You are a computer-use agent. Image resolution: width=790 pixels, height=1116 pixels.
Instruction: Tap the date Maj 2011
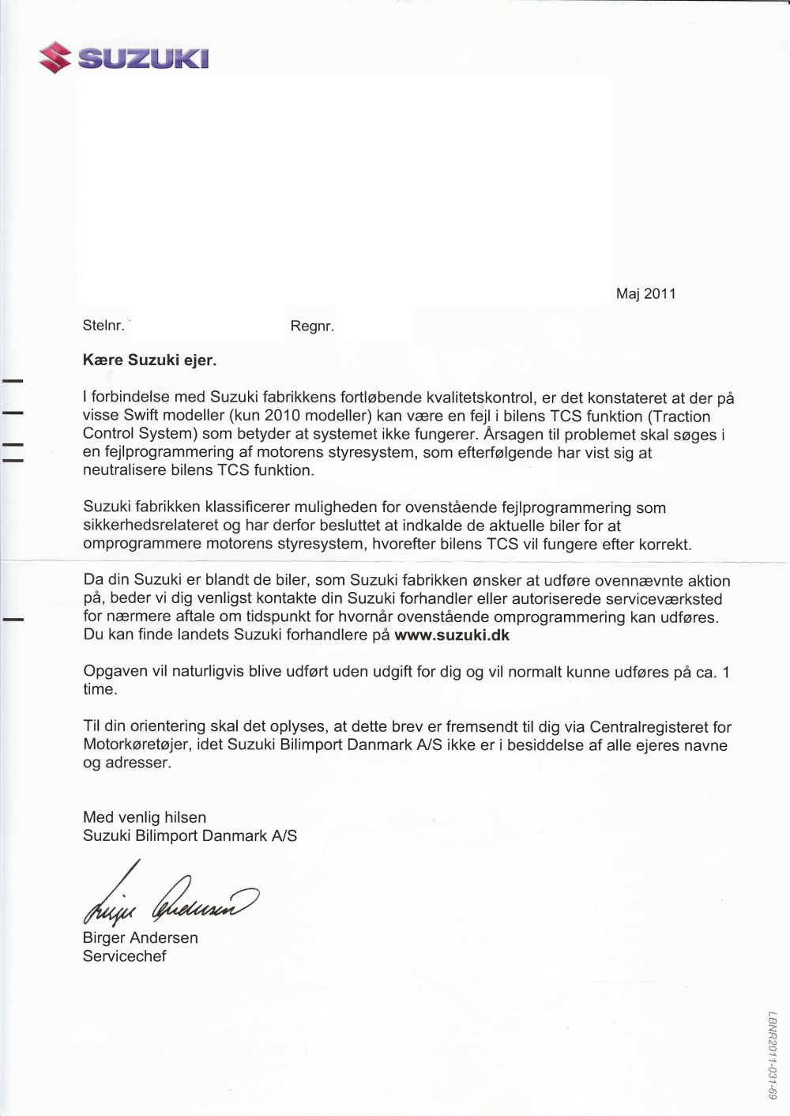[x=645, y=294]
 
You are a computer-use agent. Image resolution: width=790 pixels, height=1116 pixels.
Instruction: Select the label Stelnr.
[x=103, y=326]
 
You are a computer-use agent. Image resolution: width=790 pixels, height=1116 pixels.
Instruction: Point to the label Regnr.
[x=313, y=326]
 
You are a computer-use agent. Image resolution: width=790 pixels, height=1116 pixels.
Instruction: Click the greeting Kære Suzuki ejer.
[x=149, y=360]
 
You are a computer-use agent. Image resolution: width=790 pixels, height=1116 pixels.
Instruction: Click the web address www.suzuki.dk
[x=452, y=635]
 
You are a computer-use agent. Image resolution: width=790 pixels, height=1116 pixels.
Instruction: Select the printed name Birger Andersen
[x=141, y=938]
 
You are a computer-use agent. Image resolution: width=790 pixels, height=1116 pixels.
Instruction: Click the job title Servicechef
[x=125, y=956]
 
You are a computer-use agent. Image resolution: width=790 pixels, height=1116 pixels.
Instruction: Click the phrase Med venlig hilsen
[x=145, y=817]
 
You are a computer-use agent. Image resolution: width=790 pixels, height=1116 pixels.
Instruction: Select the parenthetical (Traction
[x=679, y=417]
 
